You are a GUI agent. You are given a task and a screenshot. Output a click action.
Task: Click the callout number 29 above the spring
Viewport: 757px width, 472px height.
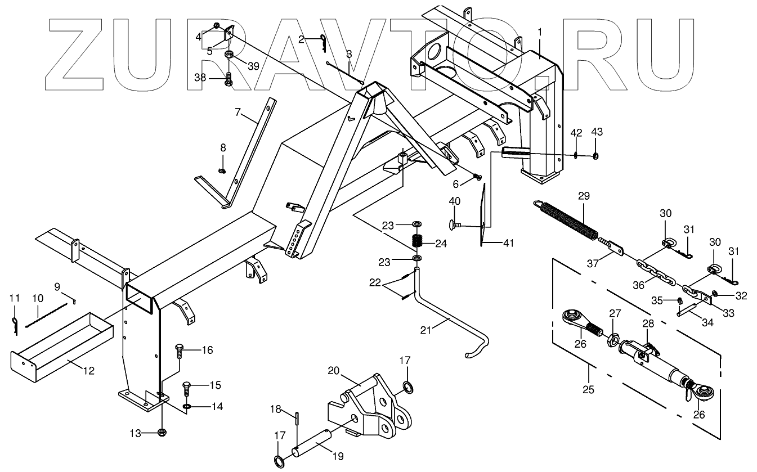(583, 196)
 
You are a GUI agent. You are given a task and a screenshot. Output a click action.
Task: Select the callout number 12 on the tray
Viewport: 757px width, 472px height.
(89, 371)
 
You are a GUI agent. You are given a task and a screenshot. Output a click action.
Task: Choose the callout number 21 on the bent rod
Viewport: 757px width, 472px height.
(425, 330)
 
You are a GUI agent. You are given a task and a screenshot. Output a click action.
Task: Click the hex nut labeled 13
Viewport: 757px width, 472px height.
(161, 433)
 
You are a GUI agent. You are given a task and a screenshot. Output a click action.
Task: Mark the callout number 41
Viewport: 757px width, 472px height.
(508, 243)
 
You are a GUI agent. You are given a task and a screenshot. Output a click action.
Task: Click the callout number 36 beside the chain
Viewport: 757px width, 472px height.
(638, 285)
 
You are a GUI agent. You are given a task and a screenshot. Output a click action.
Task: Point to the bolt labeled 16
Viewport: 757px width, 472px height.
(180, 351)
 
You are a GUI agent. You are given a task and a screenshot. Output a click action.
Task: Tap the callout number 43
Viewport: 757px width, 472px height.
(597, 132)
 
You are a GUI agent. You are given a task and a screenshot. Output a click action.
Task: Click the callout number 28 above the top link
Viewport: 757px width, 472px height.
(648, 323)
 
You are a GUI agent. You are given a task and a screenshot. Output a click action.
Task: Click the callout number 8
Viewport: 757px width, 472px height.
(223, 148)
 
